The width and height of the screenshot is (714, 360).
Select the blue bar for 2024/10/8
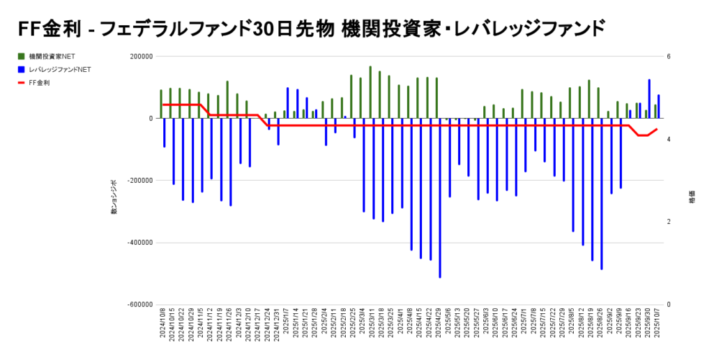pos(165,133)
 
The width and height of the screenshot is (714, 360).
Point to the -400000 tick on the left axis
pos(139,243)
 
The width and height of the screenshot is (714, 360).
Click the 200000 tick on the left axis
pos(142,57)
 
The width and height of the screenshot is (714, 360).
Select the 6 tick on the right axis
pos(669,57)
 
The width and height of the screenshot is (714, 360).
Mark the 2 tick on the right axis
pos(669,222)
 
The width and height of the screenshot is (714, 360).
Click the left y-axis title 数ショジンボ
pos(114,196)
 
